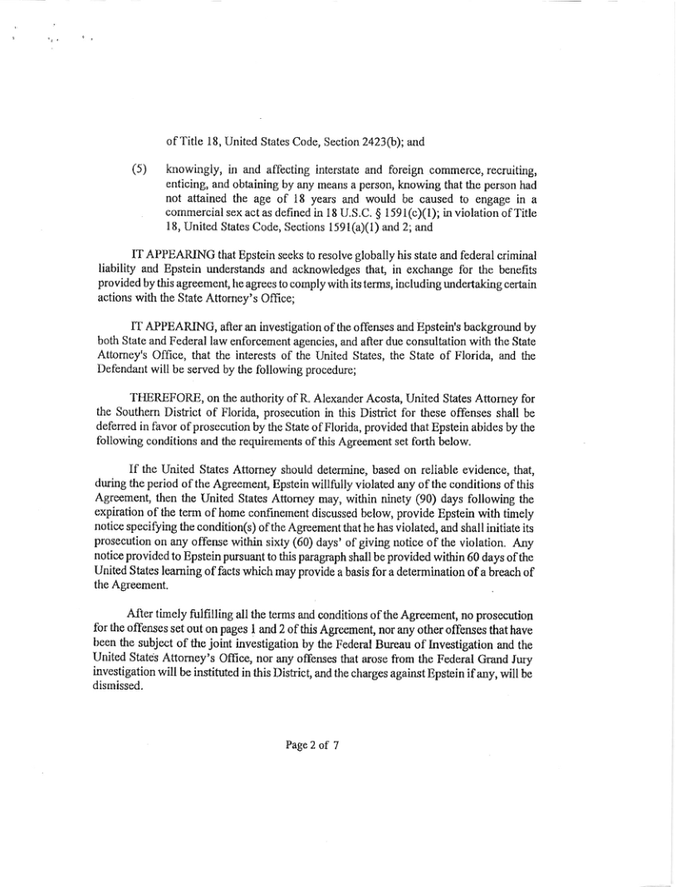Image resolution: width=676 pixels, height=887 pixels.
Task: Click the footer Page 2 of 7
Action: tap(312, 744)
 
